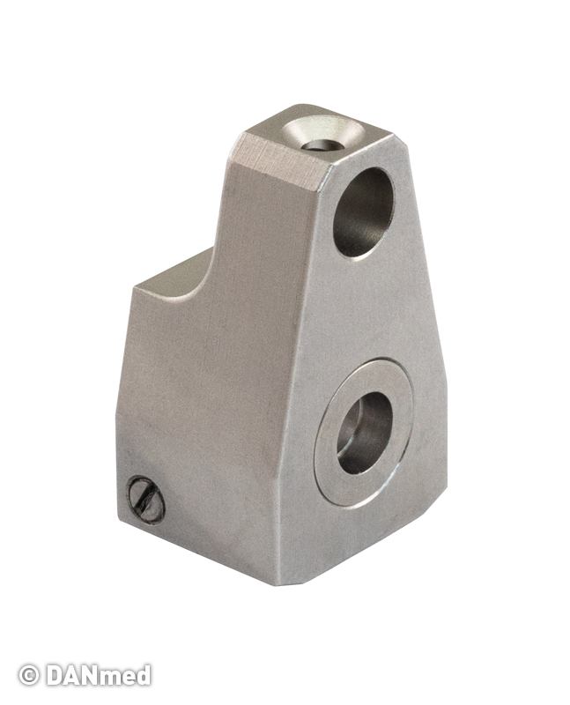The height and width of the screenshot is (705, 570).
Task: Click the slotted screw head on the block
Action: pyautogui.click(x=145, y=500)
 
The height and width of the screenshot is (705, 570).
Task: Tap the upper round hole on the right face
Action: pyautogui.click(x=363, y=212)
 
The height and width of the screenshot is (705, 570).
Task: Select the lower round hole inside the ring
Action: pyautogui.click(x=364, y=433)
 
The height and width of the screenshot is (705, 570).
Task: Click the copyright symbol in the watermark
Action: pyautogui.click(x=29, y=675)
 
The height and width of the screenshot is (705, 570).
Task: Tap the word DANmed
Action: pyautogui.click(x=98, y=675)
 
